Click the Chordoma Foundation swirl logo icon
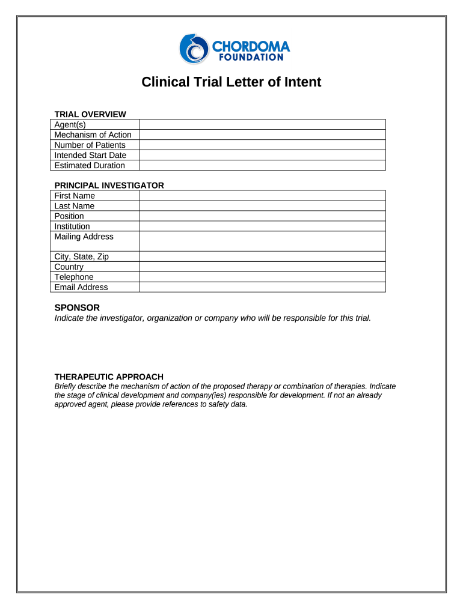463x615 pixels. point(193,49)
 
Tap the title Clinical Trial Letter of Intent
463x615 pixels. point(231,82)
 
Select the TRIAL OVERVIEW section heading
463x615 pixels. point(90,114)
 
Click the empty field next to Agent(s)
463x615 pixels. point(262,124)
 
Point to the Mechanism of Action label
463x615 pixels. point(93,135)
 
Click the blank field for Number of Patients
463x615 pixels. point(262,145)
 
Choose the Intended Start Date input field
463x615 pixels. point(262,155)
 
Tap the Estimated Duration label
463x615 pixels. point(90,165)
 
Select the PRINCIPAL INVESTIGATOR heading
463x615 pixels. point(109,186)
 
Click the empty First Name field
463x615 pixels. point(262,196)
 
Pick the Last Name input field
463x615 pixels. point(262,206)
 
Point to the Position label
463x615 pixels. point(69,216)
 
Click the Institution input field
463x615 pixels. point(262,226)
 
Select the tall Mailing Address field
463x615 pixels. point(262,241)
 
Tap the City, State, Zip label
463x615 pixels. point(82,256)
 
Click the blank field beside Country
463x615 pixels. point(262,267)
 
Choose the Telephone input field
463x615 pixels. point(262,277)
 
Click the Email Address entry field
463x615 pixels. point(262,287)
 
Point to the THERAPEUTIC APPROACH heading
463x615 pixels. point(109,377)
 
